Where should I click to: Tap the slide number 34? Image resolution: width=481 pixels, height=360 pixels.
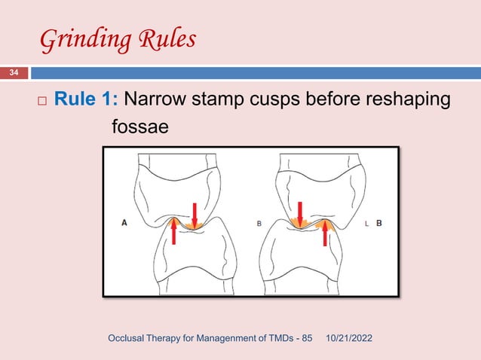tap(14, 73)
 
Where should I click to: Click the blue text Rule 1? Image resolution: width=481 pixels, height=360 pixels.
tap(85, 100)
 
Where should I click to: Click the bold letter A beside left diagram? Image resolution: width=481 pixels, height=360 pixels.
tap(125, 223)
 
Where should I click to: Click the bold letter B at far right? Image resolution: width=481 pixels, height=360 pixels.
tap(378, 223)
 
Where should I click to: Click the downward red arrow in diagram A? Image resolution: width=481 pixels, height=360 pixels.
tap(195, 214)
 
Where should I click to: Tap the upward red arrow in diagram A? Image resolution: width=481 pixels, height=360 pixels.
tap(173, 230)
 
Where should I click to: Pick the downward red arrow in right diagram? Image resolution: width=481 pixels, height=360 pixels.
tap(300, 212)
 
